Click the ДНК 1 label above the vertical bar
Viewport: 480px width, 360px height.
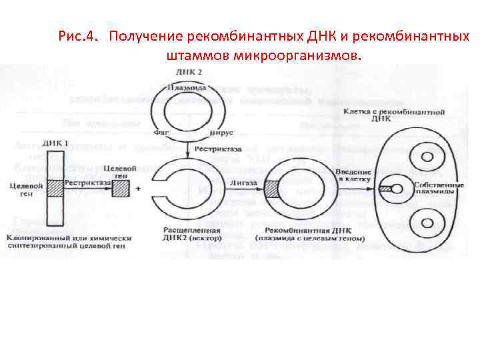point(55,143)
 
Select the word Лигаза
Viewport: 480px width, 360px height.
point(239,181)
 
